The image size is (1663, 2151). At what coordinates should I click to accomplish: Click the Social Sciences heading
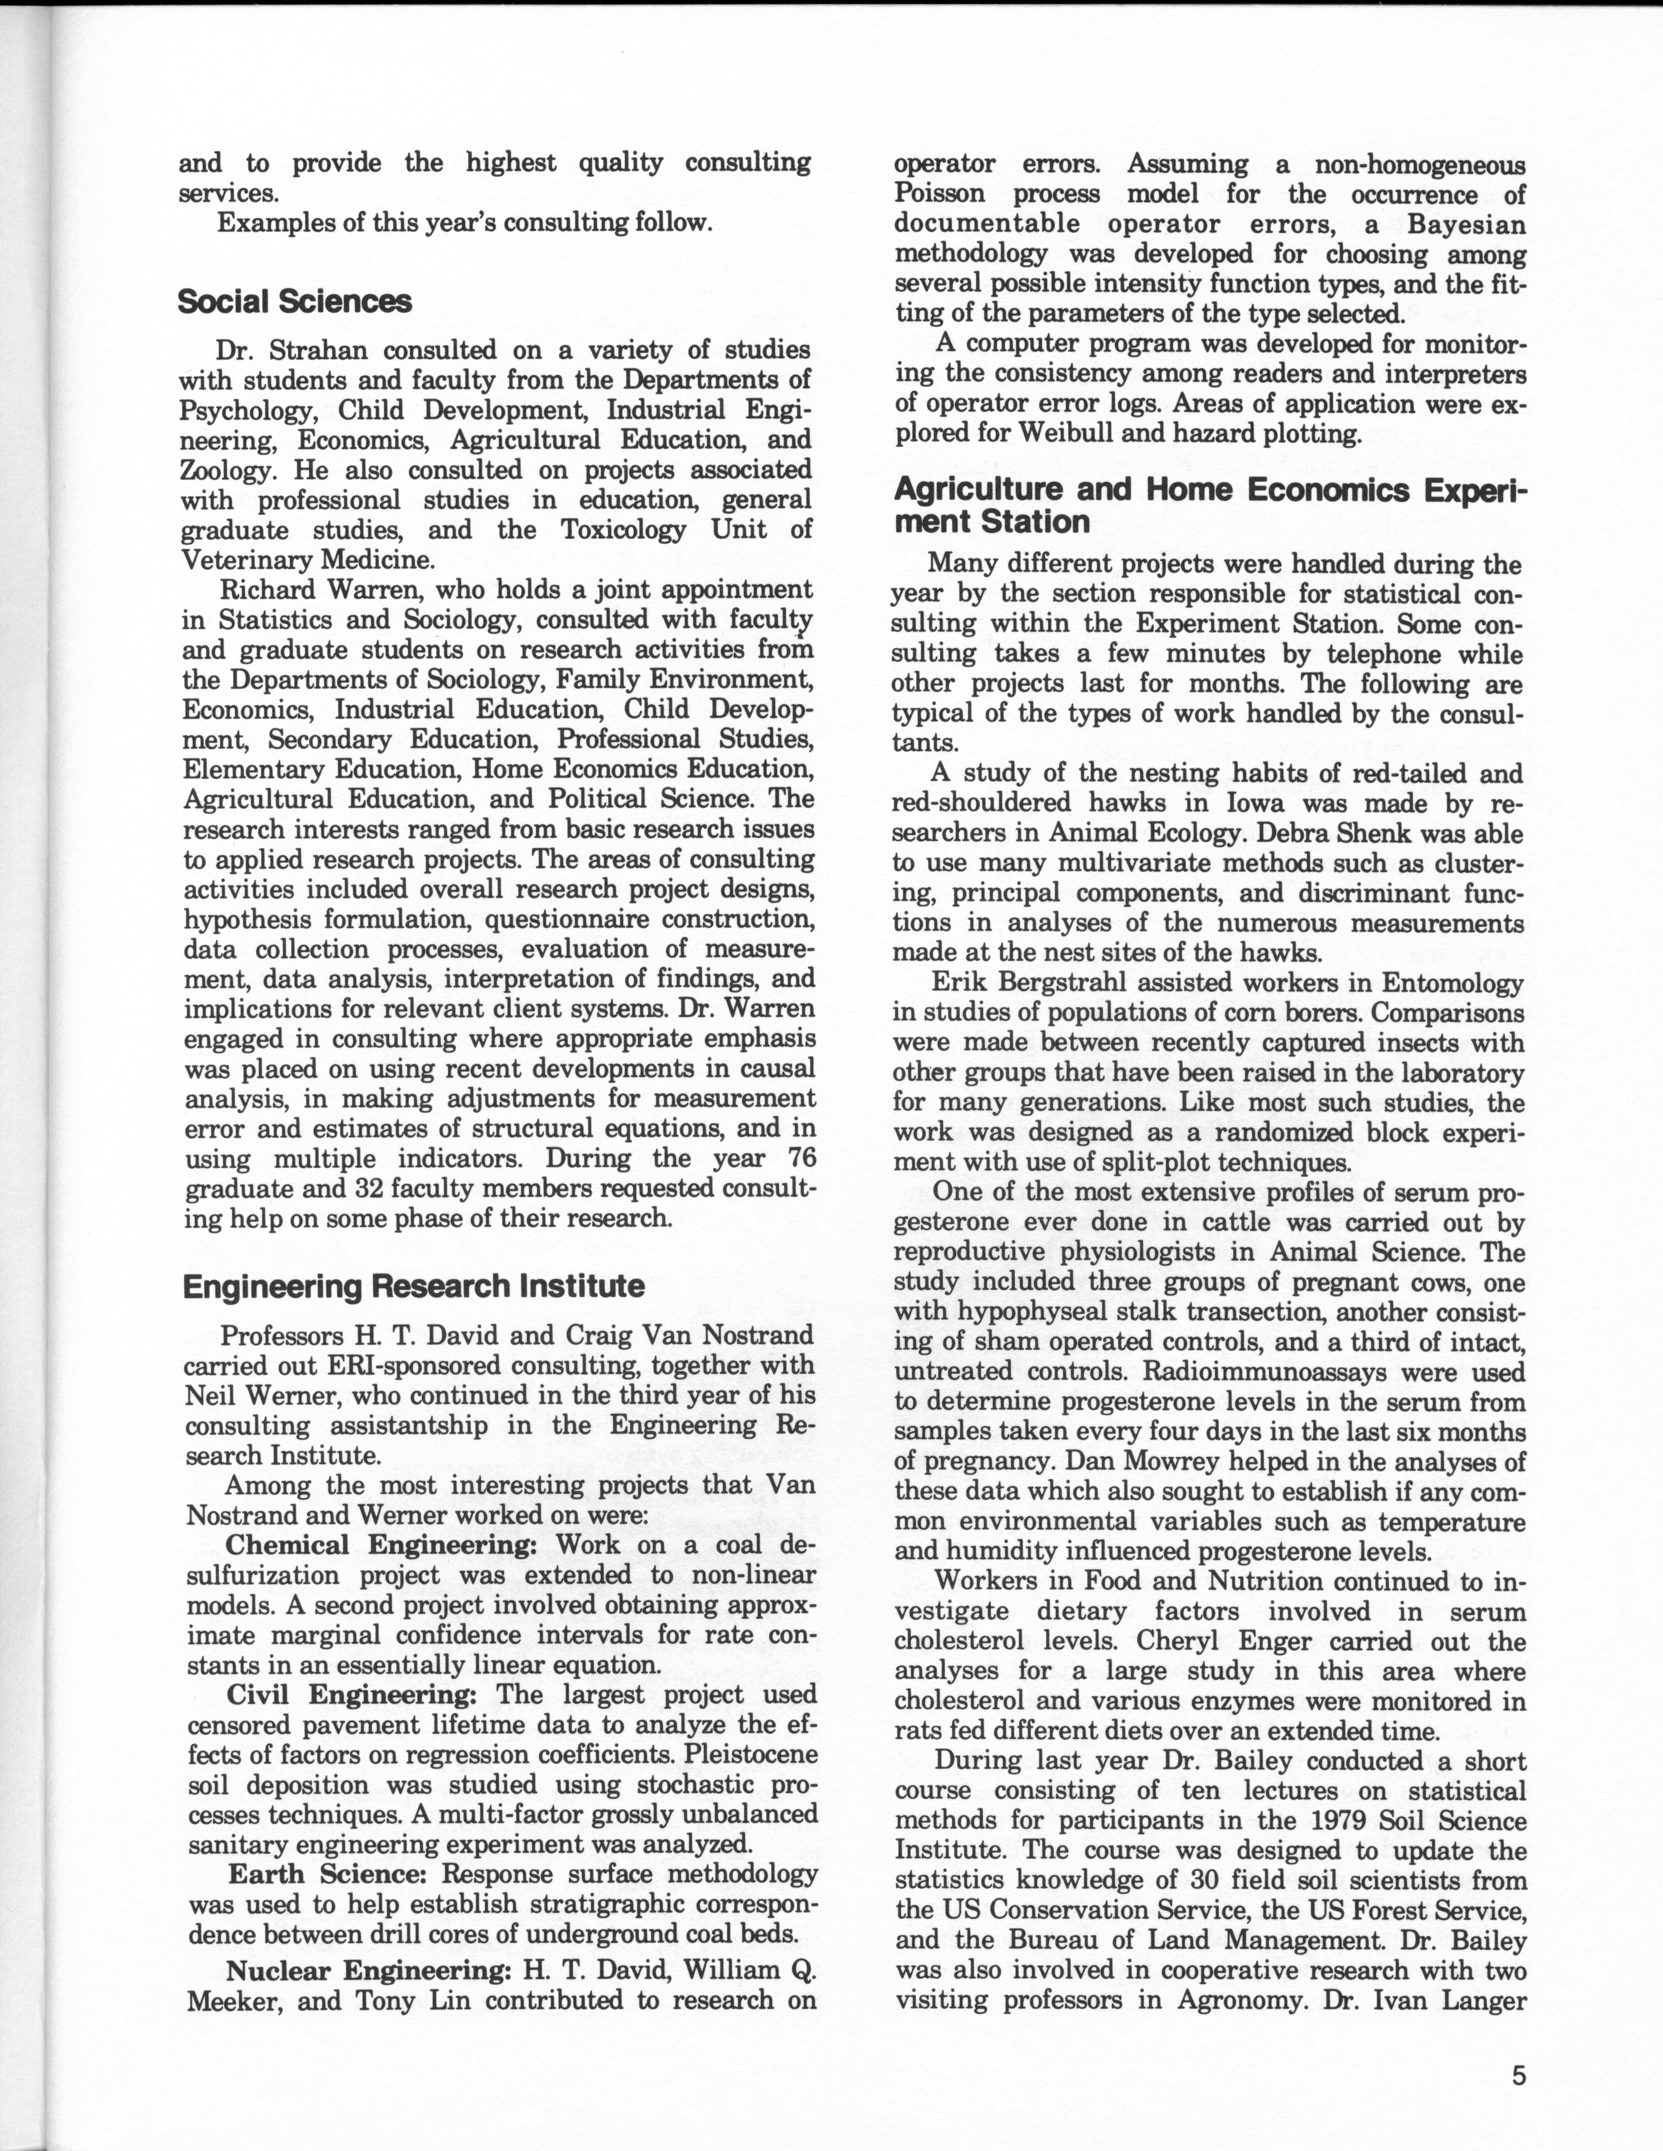pyautogui.click(x=294, y=301)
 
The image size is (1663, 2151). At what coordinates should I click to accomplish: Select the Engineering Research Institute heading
pyautogui.click(x=414, y=1286)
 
